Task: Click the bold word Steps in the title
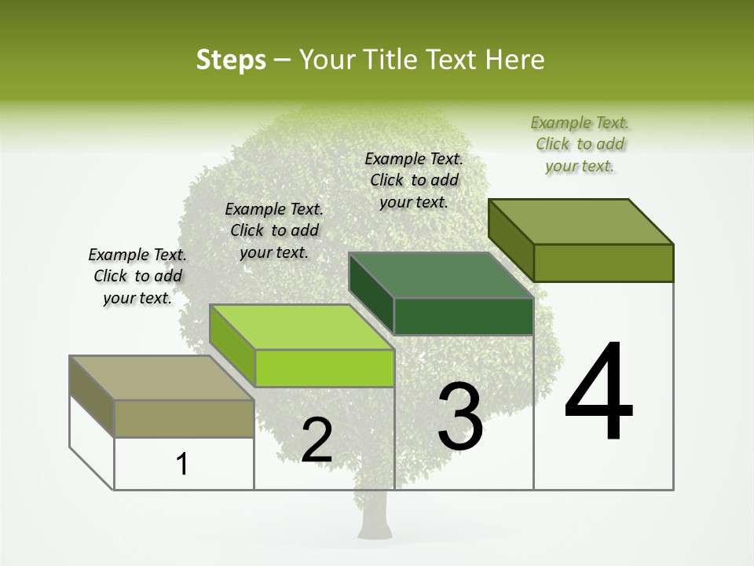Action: point(231,60)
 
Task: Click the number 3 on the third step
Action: point(460,417)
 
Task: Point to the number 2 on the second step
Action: point(317,440)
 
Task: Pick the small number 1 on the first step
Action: point(182,464)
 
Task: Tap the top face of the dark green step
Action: point(441,275)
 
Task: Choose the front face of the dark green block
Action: point(463,317)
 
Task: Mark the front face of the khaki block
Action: point(184,418)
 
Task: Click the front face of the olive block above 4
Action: point(603,263)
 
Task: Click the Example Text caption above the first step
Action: point(137,276)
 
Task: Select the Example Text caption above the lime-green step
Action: point(274,230)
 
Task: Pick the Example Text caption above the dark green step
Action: point(414,180)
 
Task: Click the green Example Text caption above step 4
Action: point(580,144)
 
